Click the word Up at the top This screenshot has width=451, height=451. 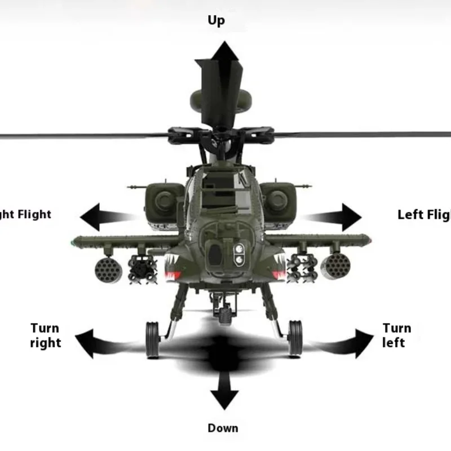(216, 21)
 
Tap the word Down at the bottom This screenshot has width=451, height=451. (223, 428)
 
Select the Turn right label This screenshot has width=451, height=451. (45, 335)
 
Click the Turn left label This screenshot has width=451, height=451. (397, 335)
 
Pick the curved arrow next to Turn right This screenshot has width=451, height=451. (104, 341)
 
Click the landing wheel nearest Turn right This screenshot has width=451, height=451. (153, 339)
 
